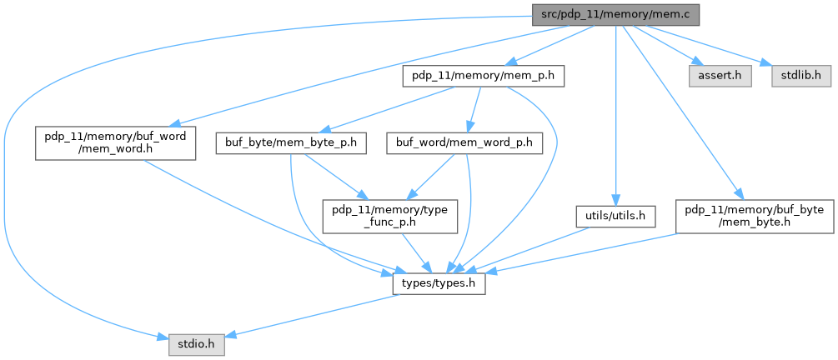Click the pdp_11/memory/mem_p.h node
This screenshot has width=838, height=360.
(484, 76)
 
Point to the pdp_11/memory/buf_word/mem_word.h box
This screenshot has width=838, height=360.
(115, 142)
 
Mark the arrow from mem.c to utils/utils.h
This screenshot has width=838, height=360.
(615, 117)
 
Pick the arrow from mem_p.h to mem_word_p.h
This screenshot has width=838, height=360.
(474, 109)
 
